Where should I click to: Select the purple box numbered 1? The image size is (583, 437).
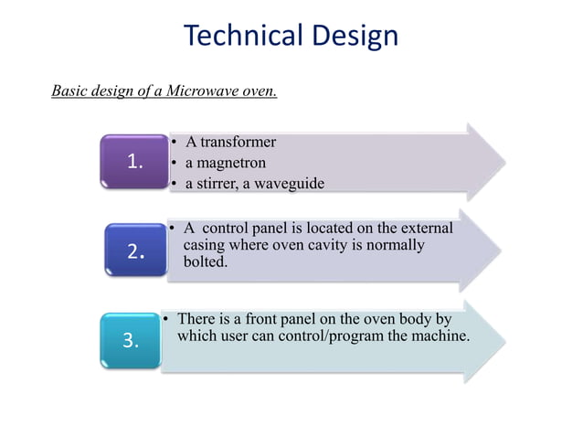(135, 163)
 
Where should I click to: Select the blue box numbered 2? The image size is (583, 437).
(135, 251)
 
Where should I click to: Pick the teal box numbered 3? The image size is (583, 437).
(131, 341)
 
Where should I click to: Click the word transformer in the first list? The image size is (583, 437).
(238, 142)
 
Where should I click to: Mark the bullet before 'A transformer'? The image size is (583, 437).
(175, 143)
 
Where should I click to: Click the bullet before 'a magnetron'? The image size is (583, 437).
(175, 164)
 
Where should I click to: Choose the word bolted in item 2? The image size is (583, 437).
(205, 261)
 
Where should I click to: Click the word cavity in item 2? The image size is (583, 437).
(329, 246)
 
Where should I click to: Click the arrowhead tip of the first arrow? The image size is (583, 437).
(502, 162)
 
